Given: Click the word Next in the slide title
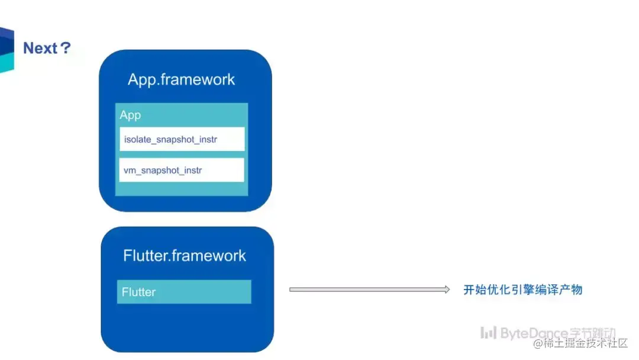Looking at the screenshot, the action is tap(40, 48).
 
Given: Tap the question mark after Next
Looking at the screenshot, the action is tap(65, 48).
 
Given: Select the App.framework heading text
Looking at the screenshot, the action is tap(182, 79).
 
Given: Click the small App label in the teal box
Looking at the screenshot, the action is tap(130, 115).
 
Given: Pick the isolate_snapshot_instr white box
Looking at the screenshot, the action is tap(182, 139).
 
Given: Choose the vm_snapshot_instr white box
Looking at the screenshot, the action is tap(182, 170).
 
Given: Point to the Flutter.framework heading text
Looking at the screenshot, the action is tap(185, 256).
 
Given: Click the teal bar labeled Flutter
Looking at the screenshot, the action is tap(184, 291).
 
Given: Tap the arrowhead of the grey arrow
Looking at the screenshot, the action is tap(447, 290).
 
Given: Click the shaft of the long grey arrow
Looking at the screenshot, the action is tap(367, 290).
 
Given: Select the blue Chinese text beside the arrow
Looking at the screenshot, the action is tap(523, 290).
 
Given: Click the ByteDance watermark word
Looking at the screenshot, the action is tap(534, 333).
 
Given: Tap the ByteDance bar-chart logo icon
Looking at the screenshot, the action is tap(488, 333).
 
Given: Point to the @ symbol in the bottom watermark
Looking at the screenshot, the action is tap(538, 343).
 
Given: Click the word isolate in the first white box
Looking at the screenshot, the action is tap(137, 139).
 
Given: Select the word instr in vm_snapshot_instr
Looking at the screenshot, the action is tap(193, 170).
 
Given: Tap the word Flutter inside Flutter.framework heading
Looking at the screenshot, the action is tap(146, 256).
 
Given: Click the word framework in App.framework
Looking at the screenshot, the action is tap(198, 79).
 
